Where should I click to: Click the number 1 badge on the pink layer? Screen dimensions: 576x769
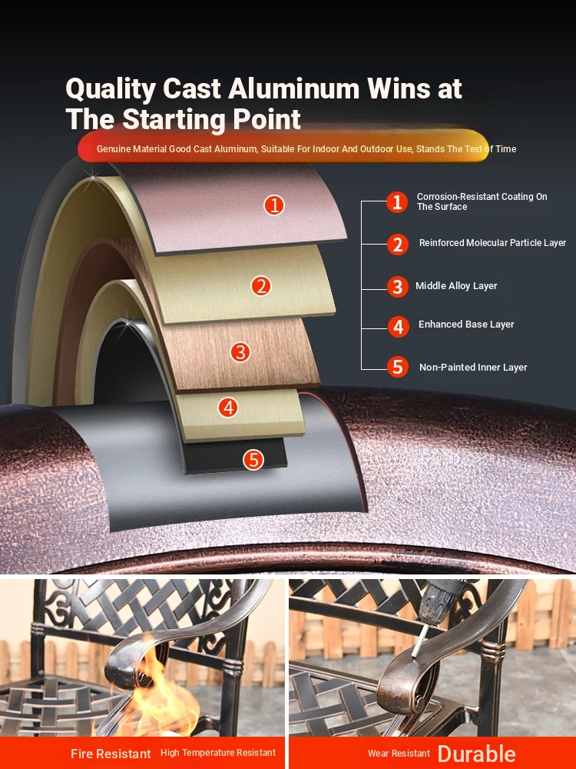(x=274, y=205)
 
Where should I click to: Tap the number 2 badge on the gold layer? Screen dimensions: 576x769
(x=261, y=286)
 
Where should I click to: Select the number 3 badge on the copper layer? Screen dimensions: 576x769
(x=240, y=351)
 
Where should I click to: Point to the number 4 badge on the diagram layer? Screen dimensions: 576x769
(x=228, y=407)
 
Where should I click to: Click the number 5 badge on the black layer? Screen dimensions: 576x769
(x=253, y=460)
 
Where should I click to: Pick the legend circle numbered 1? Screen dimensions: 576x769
(x=397, y=202)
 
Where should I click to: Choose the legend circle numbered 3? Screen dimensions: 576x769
(x=398, y=287)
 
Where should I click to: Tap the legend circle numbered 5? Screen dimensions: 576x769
(x=398, y=367)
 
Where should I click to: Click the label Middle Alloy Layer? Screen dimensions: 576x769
(x=456, y=286)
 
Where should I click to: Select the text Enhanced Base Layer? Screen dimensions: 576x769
(x=466, y=325)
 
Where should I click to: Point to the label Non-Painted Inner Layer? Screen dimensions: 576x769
(x=473, y=368)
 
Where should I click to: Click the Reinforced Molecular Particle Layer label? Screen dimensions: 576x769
(x=493, y=243)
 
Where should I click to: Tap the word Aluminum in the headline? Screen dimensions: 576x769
(x=294, y=88)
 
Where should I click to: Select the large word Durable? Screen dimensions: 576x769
(x=477, y=754)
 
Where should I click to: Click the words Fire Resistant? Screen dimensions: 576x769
(x=111, y=754)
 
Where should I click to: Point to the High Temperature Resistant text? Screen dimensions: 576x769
(x=218, y=753)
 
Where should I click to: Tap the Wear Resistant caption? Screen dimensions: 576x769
(x=399, y=754)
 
